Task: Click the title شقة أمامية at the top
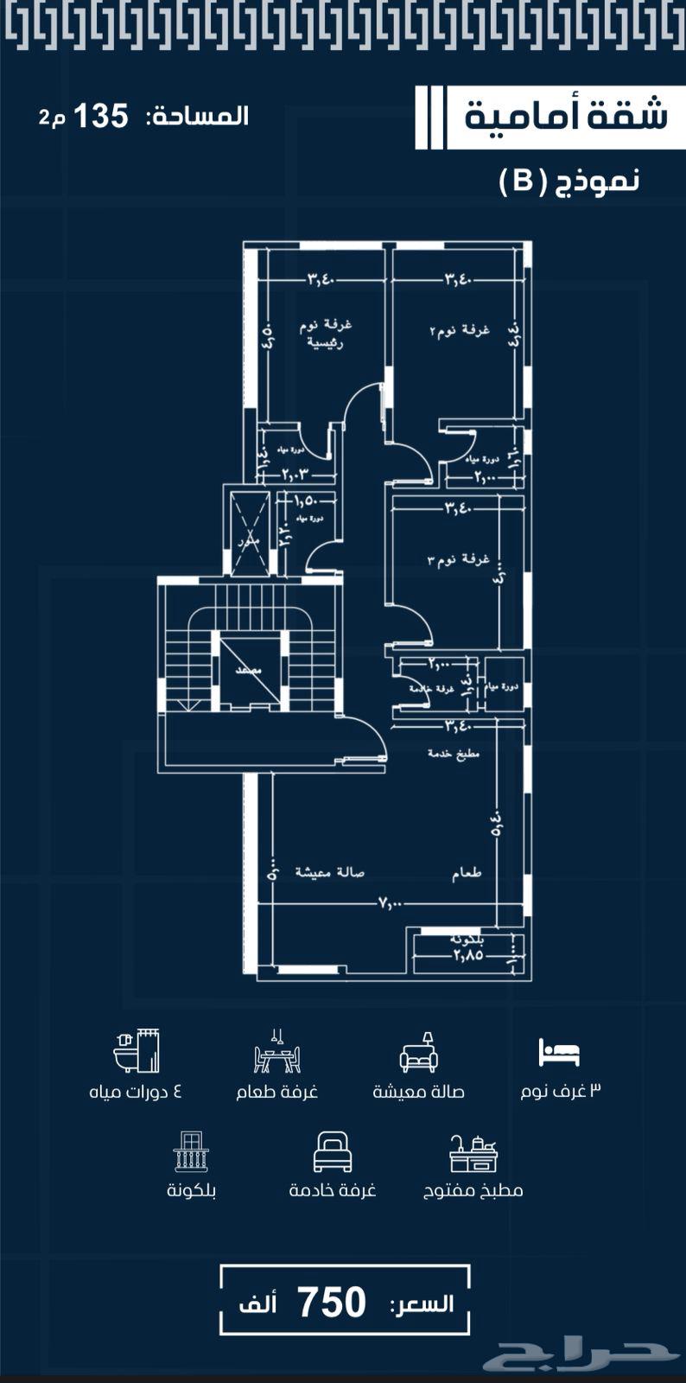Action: tap(566, 116)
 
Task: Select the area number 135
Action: tap(100, 116)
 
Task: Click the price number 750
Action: tap(332, 1303)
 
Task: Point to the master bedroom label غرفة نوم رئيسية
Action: tap(326, 333)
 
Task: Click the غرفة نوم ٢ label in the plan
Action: tap(460, 330)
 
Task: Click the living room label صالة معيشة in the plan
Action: tap(329, 872)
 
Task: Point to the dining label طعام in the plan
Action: tap(467, 873)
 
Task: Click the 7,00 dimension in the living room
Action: tap(390, 902)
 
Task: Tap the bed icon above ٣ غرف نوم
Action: tap(559, 1052)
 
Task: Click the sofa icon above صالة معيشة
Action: tap(419, 1052)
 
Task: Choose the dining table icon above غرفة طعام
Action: tap(277, 1052)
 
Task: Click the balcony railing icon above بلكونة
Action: tap(191, 1151)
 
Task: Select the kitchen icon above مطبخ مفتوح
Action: tap(473, 1152)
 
